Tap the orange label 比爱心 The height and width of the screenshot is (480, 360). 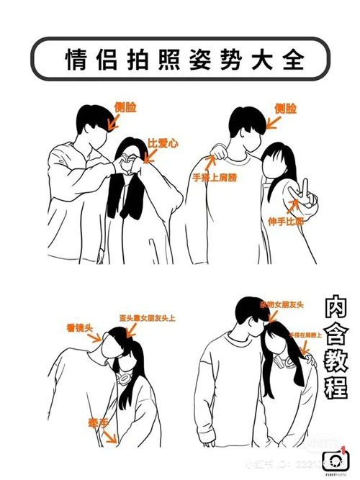tap(163, 143)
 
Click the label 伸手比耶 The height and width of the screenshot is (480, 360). tap(307, 221)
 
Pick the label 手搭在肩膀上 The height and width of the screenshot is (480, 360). tap(308, 335)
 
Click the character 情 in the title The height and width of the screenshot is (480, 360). tap(77, 57)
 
